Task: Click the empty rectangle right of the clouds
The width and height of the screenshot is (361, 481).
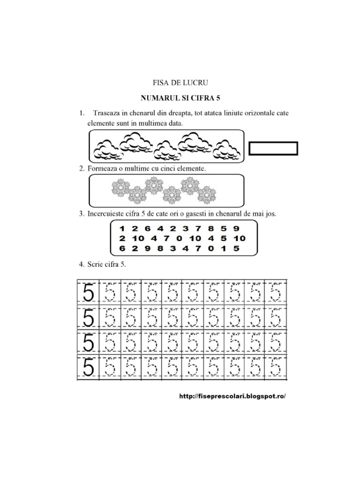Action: pyautogui.click(x=273, y=148)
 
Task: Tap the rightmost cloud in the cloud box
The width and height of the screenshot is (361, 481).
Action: pyautogui.click(x=228, y=149)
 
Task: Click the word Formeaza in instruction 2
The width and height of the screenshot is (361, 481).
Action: pyautogui.click(x=103, y=168)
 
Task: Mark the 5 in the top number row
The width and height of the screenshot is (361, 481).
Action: pyautogui.click(x=223, y=229)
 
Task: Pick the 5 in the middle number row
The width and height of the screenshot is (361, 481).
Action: pyautogui.click(x=223, y=238)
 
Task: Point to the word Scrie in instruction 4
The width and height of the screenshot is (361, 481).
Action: pyautogui.click(x=95, y=264)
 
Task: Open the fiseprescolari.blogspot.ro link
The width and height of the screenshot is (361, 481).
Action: pyautogui.click(x=232, y=396)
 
